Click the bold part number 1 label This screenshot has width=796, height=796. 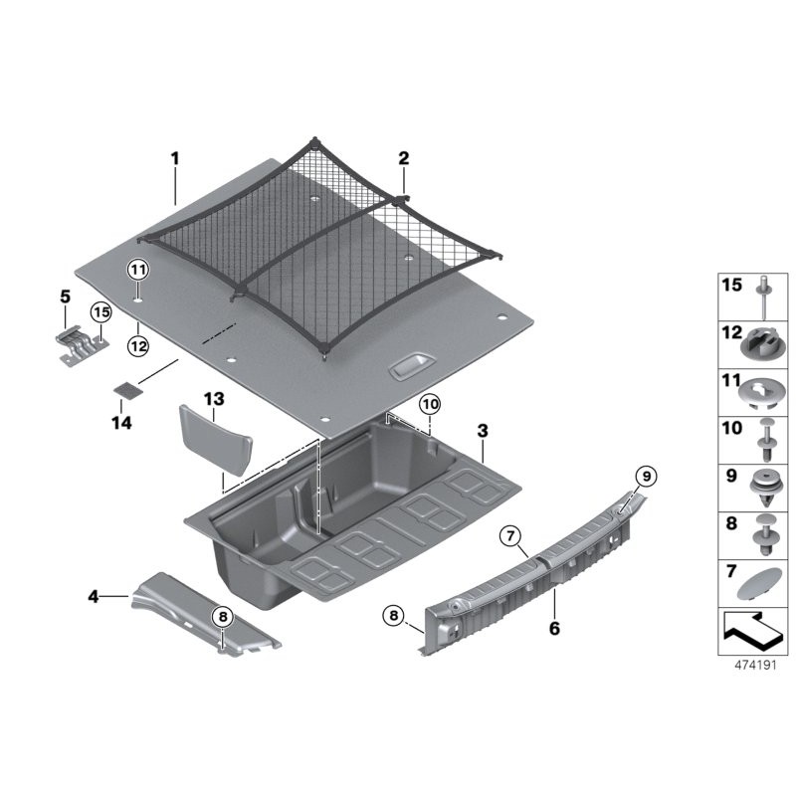(x=175, y=159)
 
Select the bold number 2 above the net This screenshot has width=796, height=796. (x=403, y=158)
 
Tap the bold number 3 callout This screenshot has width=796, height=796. (x=483, y=431)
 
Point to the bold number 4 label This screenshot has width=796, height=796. (x=94, y=596)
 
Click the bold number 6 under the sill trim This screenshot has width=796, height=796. (x=554, y=629)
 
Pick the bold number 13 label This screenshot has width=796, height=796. (x=214, y=399)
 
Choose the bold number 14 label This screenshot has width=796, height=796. (x=121, y=422)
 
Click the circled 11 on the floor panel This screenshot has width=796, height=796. (x=138, y=270)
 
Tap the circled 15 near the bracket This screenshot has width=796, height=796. (x=101, y=312)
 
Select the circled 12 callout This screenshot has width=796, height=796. (x=138, y=346)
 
